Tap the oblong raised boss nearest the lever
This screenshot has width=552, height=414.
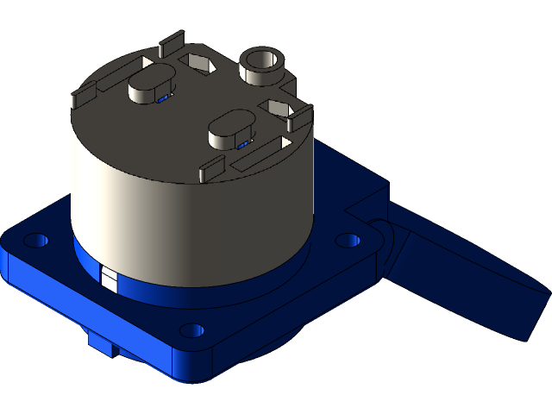(x=230, y=130)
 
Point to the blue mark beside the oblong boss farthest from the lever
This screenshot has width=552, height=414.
(x=162, y=99)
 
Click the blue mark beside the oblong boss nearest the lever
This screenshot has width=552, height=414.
(x=242, y=145)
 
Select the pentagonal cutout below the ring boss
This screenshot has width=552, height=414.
(x=280, y=109)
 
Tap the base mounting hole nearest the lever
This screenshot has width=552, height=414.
(x=347, y=240)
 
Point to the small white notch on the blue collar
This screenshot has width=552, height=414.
(x=109, y=278)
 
